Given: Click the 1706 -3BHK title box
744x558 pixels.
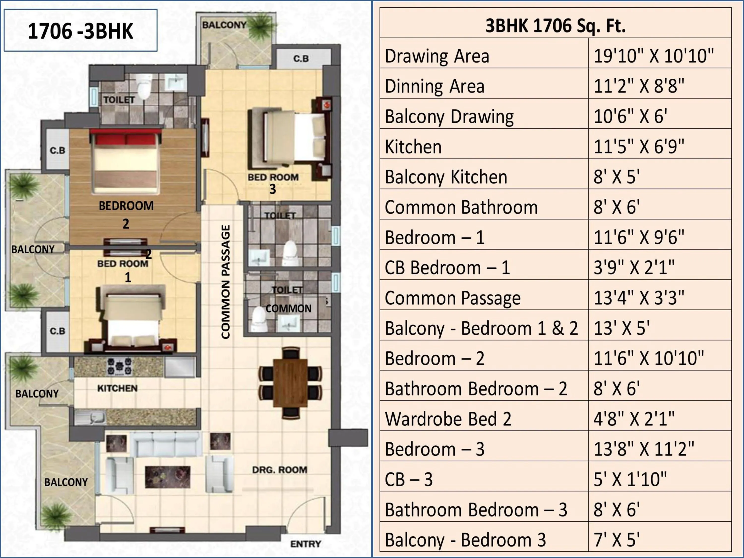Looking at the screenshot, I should coord(80,31).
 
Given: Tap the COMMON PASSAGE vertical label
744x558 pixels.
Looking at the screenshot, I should coord(226,282).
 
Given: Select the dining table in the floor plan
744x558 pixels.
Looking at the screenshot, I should coord(290,383).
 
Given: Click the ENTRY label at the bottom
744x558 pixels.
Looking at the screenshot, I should coord(305,544).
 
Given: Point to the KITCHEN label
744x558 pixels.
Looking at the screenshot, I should coord(117,388).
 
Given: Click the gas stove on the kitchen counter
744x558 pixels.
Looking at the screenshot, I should coord(119,366).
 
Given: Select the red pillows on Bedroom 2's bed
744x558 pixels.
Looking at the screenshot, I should coord(125,138).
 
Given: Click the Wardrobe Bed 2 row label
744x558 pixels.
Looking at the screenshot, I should coord(448,419).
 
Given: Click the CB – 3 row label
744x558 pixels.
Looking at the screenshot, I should coord(409,479).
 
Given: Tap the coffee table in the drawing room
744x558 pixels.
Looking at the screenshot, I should coord(167,477).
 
